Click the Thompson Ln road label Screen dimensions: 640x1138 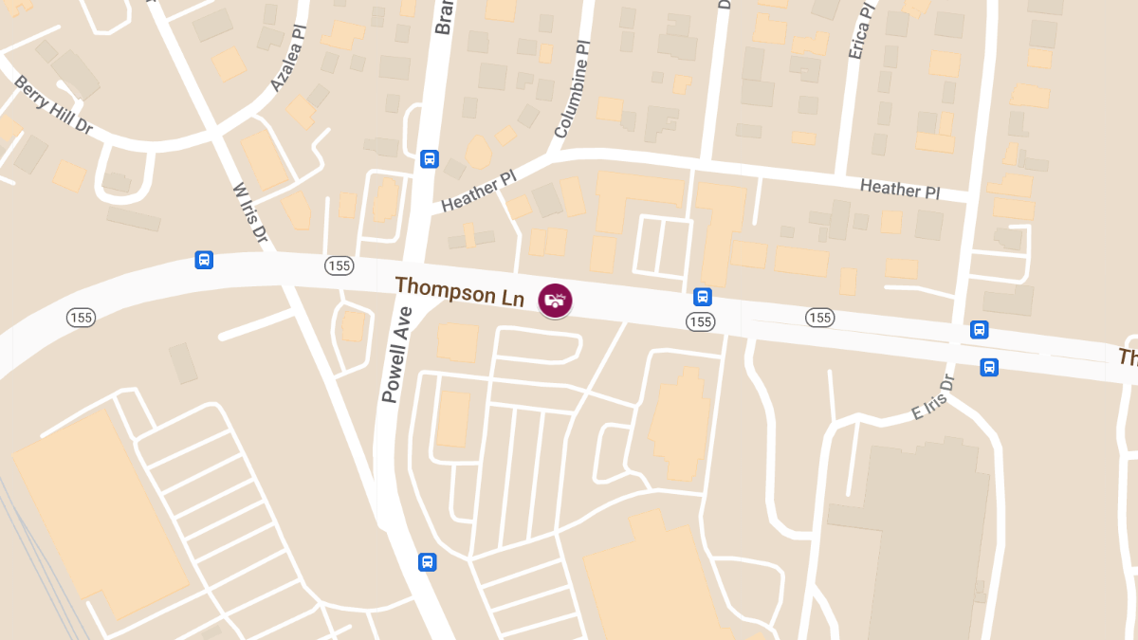pyautogui.click(x=459, y=290)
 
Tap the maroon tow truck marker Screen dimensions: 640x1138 pyautogui.click(x=555, y=300)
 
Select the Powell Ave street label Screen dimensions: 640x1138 pyautogui.click(x=396, y=355)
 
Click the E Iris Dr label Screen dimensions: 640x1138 pyautogui.click(x=932, y=397)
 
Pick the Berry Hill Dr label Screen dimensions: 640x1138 pyautogui.click(x=53, y=103)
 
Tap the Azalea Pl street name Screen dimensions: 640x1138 pyautogui.click(x=290, y=61)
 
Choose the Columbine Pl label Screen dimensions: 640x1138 pyautogui.click(x=572, y=90)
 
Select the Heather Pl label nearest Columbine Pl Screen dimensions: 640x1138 pyautogui.click(x=478, y=190)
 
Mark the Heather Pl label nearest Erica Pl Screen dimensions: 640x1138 pyautogui.click(x=899, y=188)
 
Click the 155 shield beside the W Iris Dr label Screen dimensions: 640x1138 pyautogui.click(x=339, y=265)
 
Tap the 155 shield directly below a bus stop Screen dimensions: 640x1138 pyautogui.click(x=700, y=322)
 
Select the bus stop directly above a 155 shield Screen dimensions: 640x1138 pyautogui.click(x=702, y=297)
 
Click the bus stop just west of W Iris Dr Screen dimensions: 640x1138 pyautogui.click(x=204, y=260)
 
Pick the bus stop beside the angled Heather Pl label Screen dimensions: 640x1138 pyautogui.click(x=429, y=158)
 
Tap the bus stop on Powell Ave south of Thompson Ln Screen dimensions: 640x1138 pyautogui.click(x=428, y=562)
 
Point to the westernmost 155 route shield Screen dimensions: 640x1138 pyautogui.click(x=81, y=317)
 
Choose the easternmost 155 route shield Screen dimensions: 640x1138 pyautogui.click(x=819, y=317)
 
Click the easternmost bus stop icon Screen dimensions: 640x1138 pyautogui.click(x=989, y=367)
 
